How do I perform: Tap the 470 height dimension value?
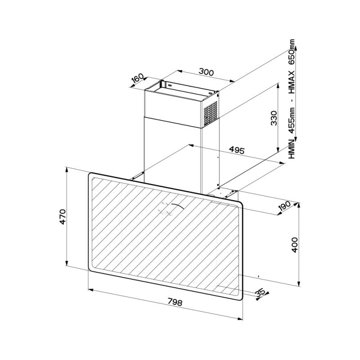tap(63, 216)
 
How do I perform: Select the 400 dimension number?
tap(295, 245)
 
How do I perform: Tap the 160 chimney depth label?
tap(137, 79)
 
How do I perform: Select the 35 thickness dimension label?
tap(260, 292)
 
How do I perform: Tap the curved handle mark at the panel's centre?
tap(173, 208)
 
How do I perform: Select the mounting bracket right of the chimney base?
tap(228, 193)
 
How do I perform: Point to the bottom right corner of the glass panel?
tap(239, 295)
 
